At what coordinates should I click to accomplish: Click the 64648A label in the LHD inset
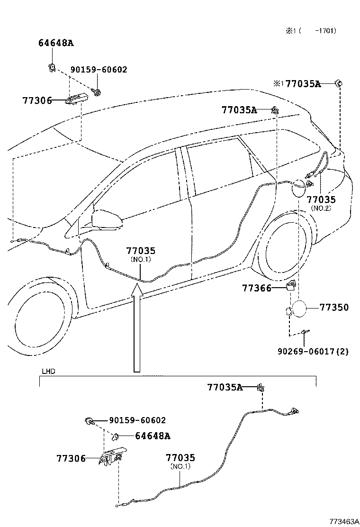click(152, 436)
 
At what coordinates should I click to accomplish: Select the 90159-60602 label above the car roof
click(99, 70)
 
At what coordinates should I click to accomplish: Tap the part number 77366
click(257, 288)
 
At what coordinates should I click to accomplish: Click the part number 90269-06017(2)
click(313, 351)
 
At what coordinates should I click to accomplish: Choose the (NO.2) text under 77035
click(321, 208)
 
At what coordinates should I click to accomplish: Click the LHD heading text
click(48, 371)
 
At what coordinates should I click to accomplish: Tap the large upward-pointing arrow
click(136, 327)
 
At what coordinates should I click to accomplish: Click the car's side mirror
click(107, 219)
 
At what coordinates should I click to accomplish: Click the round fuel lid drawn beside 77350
click(299, 310)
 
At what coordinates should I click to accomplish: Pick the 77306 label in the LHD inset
click(71, 458)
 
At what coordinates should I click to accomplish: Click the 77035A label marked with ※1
click(303, 84)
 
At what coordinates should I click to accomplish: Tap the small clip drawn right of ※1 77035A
click(339, 84)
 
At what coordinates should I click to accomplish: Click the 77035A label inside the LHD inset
click(225, 387)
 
